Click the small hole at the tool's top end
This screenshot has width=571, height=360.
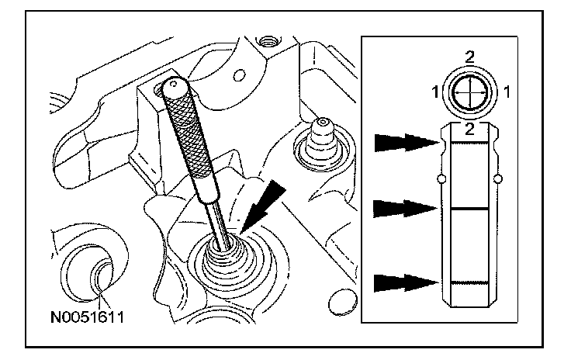[x=175, y=83]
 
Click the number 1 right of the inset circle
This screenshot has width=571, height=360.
[x=506, y=92]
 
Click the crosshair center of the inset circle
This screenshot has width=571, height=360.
[x=471, y=92]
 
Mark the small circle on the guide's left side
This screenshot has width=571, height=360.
[x=441, y=180]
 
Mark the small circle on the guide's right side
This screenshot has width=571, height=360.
[x=502, y=180]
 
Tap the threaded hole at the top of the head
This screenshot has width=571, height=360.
[x=268, y=39]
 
